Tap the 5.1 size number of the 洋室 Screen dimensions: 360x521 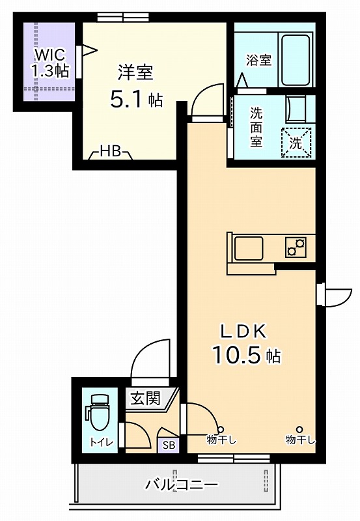(x=127, y=100)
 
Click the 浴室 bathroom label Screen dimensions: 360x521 (x=258, y=60)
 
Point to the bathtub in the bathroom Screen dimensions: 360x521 (x=296, y=60)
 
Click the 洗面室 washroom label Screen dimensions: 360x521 (x=256, y=127)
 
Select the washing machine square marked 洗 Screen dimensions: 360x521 (x=296, y=142)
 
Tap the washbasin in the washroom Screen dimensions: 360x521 (x=296, y=109)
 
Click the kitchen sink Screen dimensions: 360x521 (x=249, y=248)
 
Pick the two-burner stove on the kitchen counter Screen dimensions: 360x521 (x=296, y=247)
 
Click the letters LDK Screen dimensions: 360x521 (x=244, y=331)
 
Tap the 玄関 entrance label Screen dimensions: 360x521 (x=145, y=398)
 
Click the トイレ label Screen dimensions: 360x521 (x=102, y=443)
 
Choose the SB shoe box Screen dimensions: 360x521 (x=169, y=445)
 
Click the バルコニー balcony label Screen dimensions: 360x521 (x=182, y=485)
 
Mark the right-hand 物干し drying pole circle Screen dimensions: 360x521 (x=299, y=429)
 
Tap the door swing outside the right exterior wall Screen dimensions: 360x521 (x=335, y=296)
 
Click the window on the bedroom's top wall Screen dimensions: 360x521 (x=123, y=17)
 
